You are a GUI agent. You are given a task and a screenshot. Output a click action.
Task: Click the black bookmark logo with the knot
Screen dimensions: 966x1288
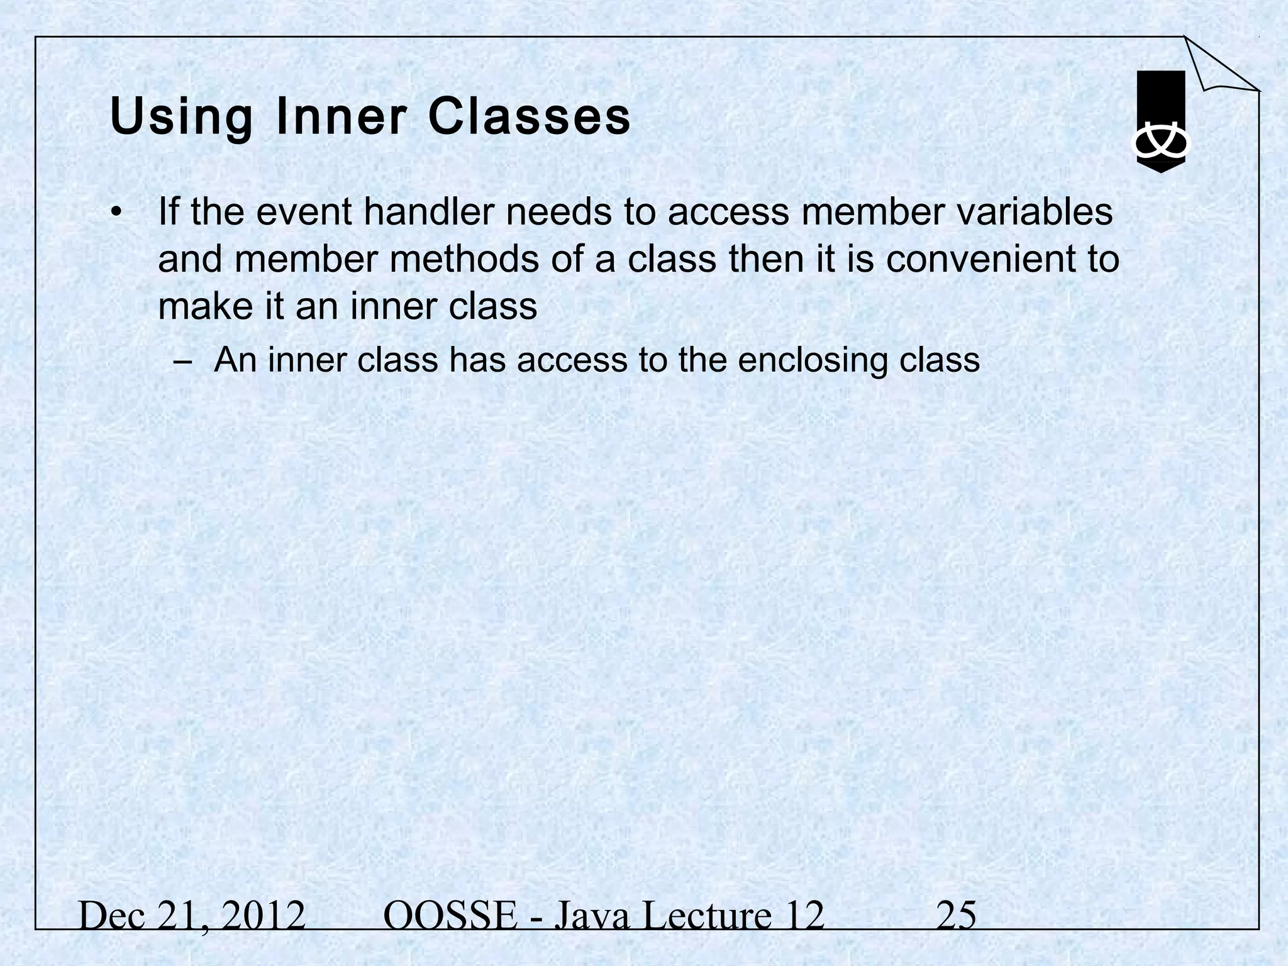tap(1160, 122)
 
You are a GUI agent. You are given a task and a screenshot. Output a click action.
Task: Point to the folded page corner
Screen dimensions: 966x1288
tap(1217, 66)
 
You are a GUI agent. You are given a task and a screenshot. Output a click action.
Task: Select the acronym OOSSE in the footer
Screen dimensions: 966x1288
tap(450, 916)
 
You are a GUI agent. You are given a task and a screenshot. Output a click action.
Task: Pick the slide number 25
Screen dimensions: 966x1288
tap(956, 916)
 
